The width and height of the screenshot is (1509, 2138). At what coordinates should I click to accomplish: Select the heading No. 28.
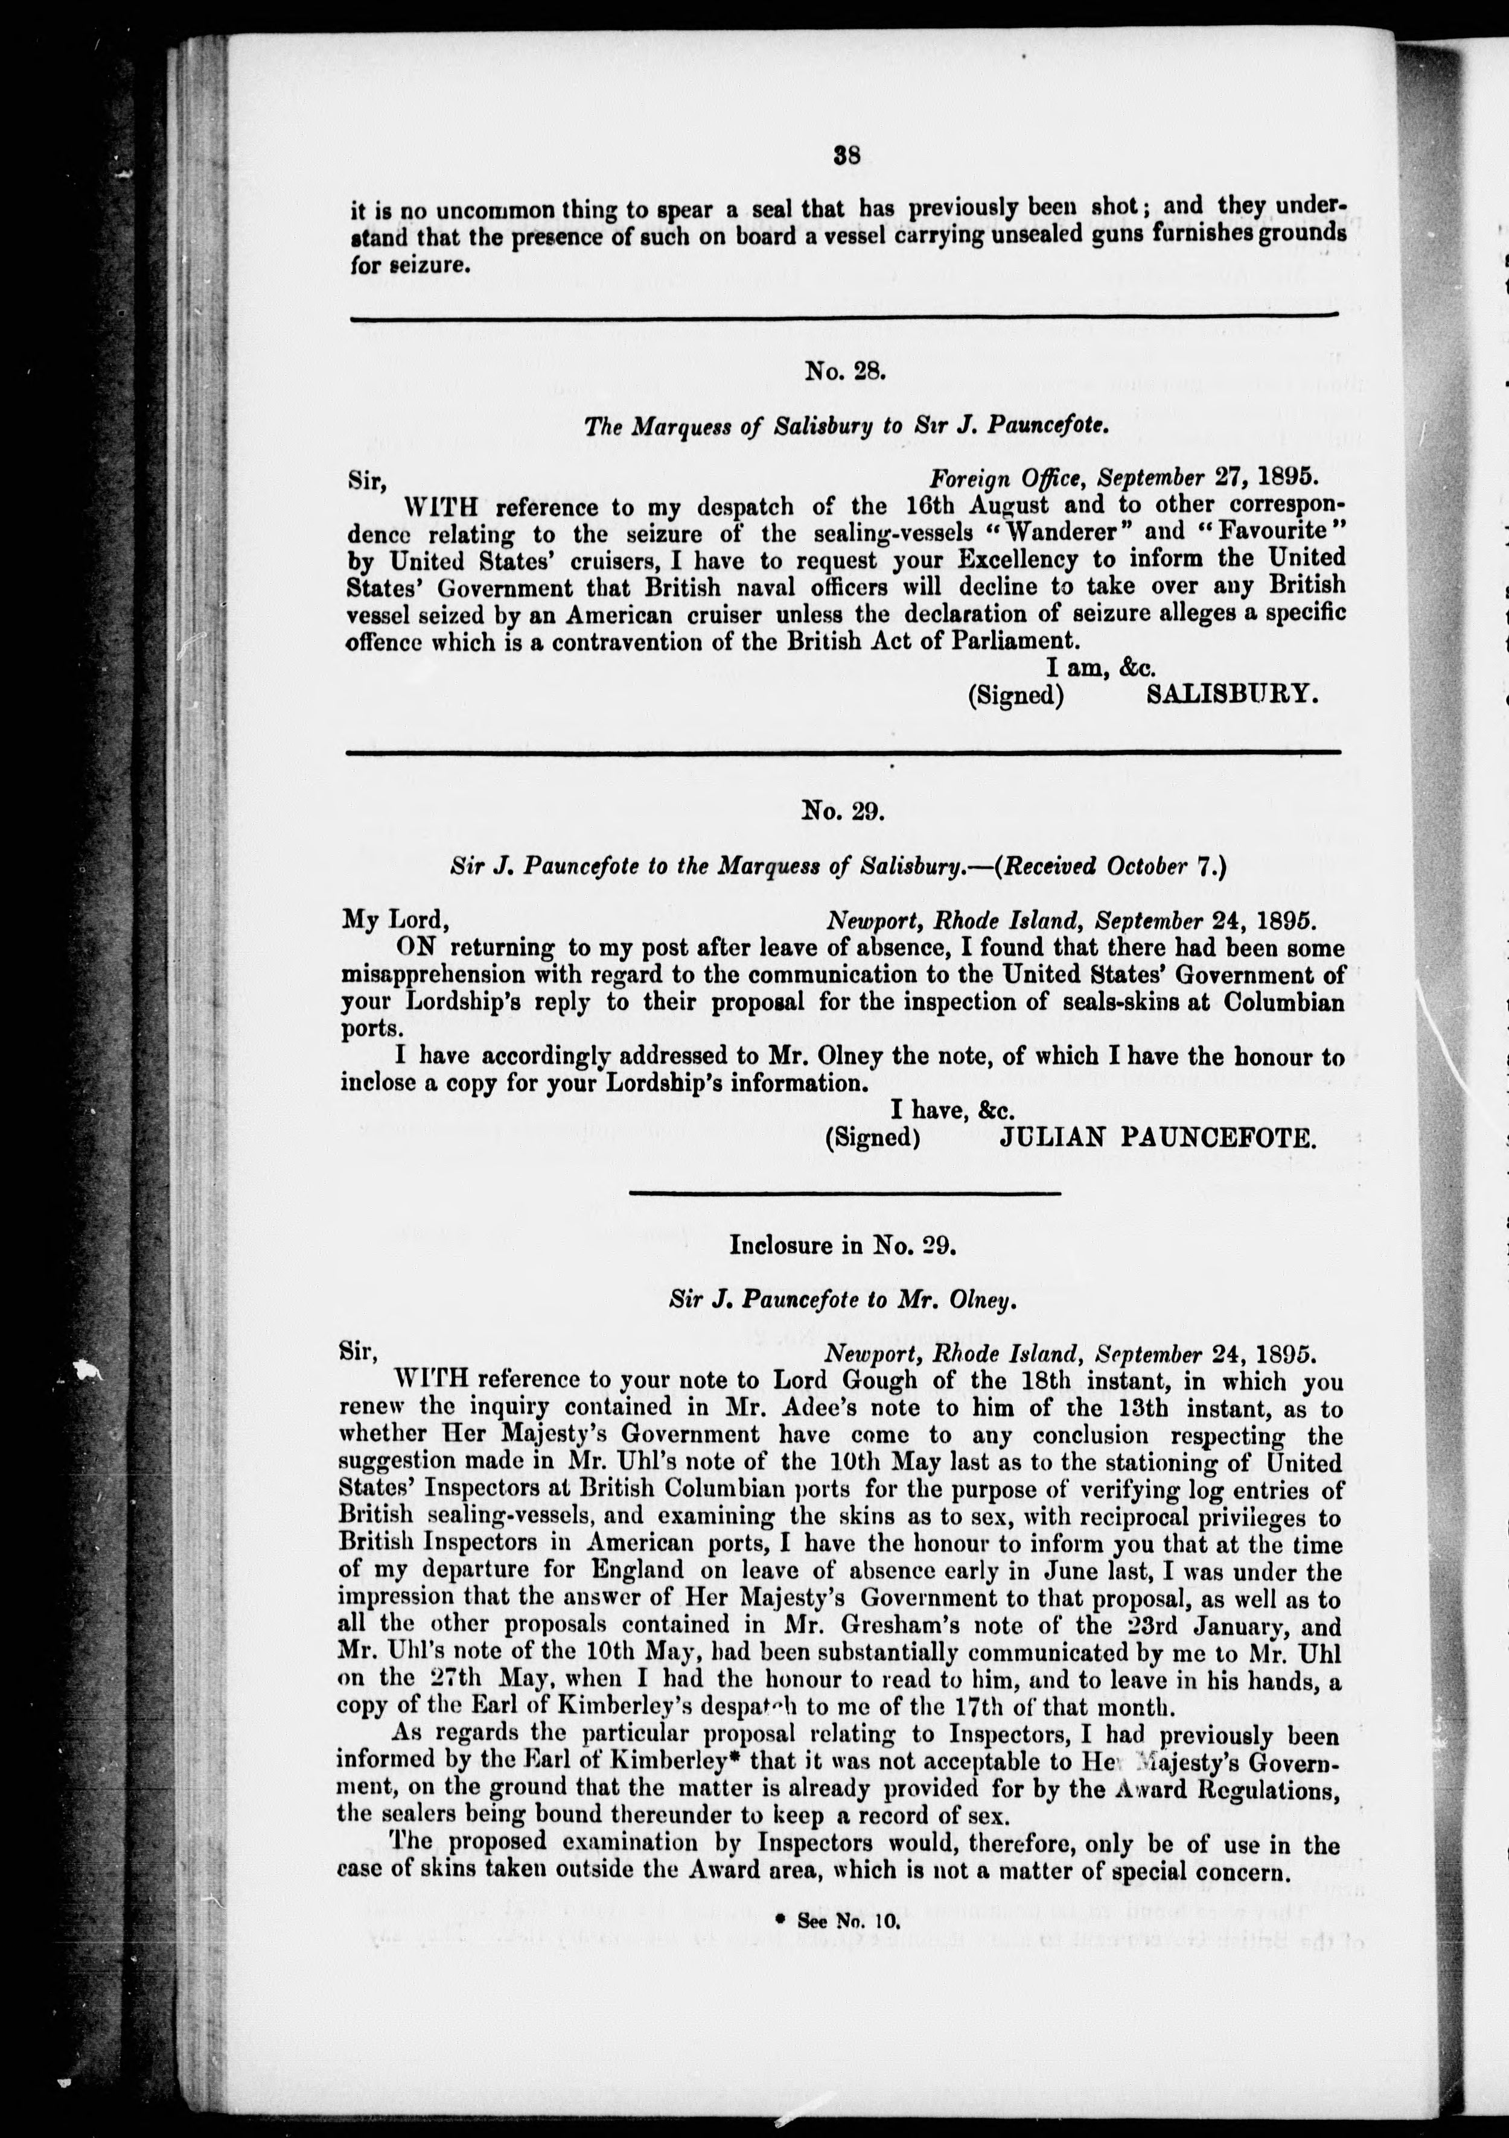point(844,372)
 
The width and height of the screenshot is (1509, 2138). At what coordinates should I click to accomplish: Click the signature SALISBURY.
point(1231,696)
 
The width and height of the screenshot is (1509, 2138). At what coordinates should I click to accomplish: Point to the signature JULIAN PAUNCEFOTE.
point(1158,1137)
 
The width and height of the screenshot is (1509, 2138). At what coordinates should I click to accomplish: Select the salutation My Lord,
point(396,919)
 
